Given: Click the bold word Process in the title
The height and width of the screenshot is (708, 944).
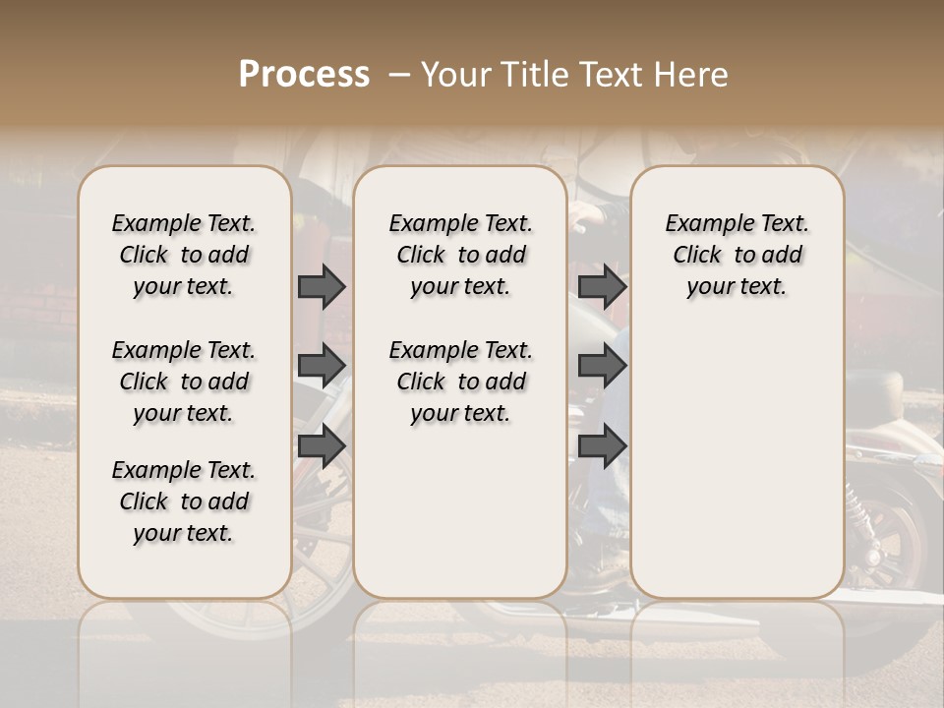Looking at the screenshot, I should tap(304, 74).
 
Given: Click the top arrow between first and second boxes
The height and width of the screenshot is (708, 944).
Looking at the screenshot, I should tap(322, 287).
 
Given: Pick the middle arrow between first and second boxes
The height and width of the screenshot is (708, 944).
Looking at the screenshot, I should tap(322, 365).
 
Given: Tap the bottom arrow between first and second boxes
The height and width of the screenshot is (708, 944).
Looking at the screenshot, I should tap(322, 445).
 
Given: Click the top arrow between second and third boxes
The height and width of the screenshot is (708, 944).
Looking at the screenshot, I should tap(602, 287).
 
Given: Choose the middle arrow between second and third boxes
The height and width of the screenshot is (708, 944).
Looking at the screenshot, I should tap(602, 365).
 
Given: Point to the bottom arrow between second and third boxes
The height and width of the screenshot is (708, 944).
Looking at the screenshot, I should tap(602, 445).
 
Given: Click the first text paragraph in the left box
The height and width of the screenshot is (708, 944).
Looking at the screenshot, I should tap(184, 255).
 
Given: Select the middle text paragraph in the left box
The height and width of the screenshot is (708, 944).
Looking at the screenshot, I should tap(184, 382).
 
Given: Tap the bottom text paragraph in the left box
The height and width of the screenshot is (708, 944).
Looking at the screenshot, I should tap(184, 501).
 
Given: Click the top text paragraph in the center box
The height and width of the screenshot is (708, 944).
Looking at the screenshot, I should tap(460, 255).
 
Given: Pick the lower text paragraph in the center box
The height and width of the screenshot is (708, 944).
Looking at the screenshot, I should tap(460, 382).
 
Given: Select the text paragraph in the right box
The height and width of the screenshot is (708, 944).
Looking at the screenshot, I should tap(737, 255).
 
